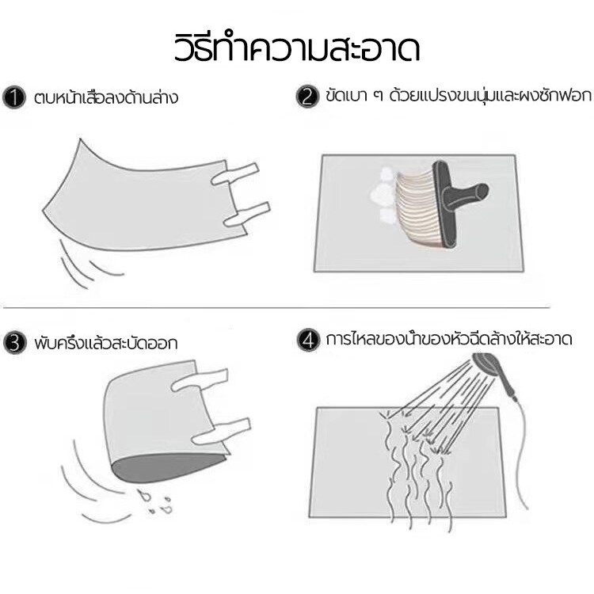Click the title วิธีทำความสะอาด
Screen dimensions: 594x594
tap(297, 48)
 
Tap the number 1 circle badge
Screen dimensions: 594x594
tap(14, 97)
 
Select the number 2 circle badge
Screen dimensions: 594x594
tap(307, 96)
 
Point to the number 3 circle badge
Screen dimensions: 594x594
tap(15, 343)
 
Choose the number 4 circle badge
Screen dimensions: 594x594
tap(308, 340)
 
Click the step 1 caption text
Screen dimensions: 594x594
tap(105, 97)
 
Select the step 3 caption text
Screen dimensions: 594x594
tap(105, 343)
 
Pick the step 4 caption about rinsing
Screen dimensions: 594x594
tap(448, 339)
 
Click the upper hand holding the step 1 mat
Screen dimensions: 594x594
tap(235, 175)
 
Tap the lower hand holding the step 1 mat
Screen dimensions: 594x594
tap(246, 215)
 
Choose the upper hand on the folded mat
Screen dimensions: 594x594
tap(200, 379)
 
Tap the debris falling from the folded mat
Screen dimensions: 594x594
tap(155, 501)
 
